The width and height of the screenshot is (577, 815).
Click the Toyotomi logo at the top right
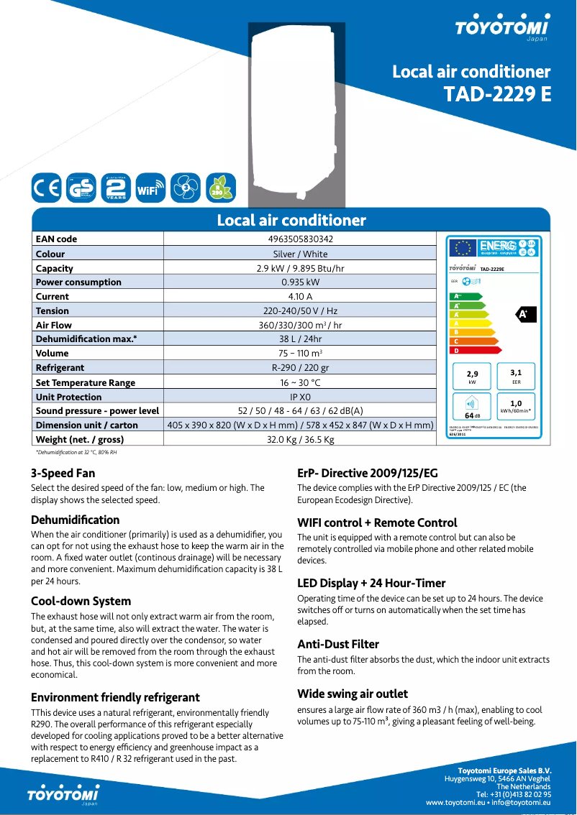(x=501, y=27)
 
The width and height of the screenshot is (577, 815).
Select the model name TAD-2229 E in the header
(x=497, y=94)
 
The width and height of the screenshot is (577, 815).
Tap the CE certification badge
(x=47, y=188)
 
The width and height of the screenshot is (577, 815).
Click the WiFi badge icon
(x=150, y=188)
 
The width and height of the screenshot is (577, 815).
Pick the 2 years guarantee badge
(x=115, y=188)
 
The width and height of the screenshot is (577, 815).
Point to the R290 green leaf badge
(x=220, y=188)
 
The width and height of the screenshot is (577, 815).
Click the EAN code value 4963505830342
(x=300, y=239)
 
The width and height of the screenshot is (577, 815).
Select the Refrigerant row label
(x=60, y=368)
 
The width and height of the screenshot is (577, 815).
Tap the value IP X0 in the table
(x=300, y=397)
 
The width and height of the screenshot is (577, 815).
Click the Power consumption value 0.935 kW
(x=300, y=282)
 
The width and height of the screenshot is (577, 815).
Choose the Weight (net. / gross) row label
(x=80, y=439)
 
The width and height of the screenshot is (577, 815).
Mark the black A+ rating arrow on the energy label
(x=524, y=314)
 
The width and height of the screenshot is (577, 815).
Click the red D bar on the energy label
(x=468, y=351)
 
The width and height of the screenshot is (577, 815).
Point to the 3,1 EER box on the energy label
(x=516, y=377)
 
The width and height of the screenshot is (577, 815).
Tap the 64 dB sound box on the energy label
(x=472, y=407)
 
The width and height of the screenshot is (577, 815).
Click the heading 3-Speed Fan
(x=63, y=473)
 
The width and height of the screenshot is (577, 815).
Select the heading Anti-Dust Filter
(x=338, y=644)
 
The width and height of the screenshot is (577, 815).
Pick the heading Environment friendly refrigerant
(x=115, y=697)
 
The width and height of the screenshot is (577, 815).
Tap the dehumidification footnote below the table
(x=76, y=453)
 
